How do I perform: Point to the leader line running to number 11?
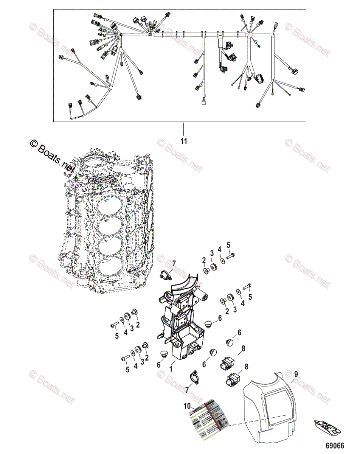coord(184,129)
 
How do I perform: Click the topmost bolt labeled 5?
coord(231,257)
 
